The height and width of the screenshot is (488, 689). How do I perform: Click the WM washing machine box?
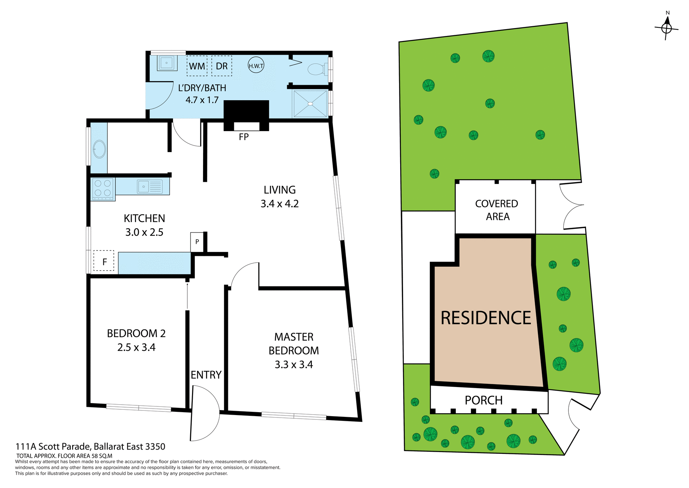pyautogui.click(x=197, y=66)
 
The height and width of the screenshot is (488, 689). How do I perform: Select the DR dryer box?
pyautogui.click(x=221, y=66)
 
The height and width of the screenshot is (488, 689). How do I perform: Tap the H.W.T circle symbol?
pyautogui.click(x=256, y=65)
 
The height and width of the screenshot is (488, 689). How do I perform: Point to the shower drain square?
pyautogui.click(x=310, y=104)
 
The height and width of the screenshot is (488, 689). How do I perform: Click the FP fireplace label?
pyautogui.click(x=244, y=137)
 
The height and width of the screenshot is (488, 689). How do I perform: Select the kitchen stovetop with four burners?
pyautogui.click(x=103, y=189)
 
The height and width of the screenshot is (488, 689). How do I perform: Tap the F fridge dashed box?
pyautogui.click(x=104, y=261)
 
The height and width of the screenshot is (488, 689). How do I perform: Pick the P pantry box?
pyautogui.click(x=197, y=242)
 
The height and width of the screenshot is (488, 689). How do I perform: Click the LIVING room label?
pyautogui.click(x=280, y=190)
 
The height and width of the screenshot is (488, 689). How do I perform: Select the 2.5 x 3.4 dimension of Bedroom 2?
pyautogui.click(x=136, y=347)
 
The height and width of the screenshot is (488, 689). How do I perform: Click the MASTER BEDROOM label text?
pyautogui.click(x=294, y=344)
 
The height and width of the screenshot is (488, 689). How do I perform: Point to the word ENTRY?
pyautogui.click(x=206, y=375)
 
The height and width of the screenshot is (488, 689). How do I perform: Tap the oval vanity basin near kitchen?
pyautogui.click(x=99, y=149)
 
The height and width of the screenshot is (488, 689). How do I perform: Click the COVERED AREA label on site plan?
pyautogui.click(x=497, y=210)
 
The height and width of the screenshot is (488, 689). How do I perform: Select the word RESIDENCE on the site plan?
pyautogui.click(x=486, y=318)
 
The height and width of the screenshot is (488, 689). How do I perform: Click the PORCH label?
pyautogui.click(x=483, y=400)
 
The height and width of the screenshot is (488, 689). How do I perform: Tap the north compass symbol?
pyautogui.click(x=666, y=27)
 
